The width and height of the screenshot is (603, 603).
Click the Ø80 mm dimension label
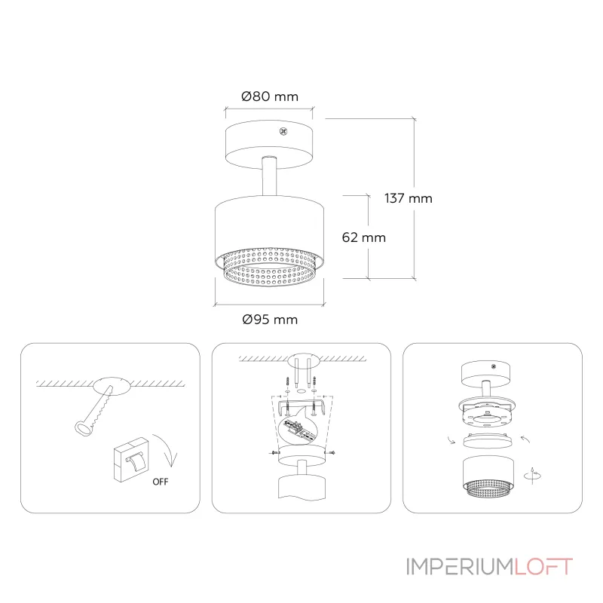(x=270, y=96)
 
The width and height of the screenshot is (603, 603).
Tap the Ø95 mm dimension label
(x=270, y=320)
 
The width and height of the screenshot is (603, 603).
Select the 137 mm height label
(x=409, y=198)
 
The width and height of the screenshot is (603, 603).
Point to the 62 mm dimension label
(x=364, y=237)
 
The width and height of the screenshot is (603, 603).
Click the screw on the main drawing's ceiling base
(x=283, y=132)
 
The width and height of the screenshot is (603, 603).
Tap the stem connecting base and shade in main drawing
(x=269, y=176)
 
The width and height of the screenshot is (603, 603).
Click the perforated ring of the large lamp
(x=270, y=268)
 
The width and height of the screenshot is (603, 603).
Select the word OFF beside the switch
(x=161, y=482)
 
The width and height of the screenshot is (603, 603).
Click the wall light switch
(x=130, y=459)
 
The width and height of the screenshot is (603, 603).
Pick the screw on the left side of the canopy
(x=274, y=453)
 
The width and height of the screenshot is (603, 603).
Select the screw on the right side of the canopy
(x=331, y=453)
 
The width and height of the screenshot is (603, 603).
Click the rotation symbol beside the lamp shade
(x=533, y=476)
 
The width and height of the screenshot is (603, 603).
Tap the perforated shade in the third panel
(x=488, y=477)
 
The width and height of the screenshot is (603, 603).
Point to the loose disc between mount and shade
(x=488, y=441)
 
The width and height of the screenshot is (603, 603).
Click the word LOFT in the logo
(x=543, y=567)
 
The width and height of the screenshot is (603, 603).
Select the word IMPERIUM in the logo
(x=460, y=567)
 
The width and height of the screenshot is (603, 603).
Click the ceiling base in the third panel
(x=485, y=374)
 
